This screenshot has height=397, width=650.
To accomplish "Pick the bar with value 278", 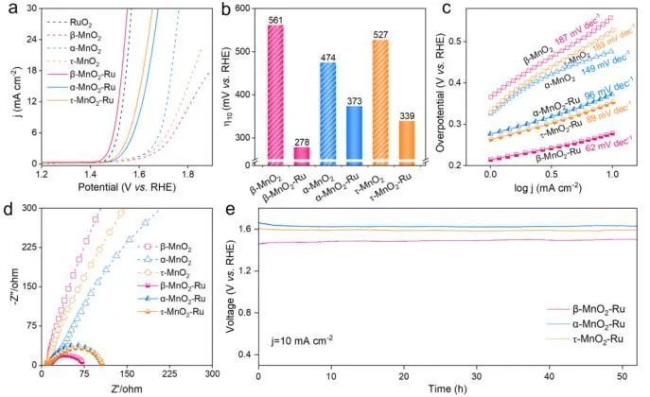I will (x=302, y=152).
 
